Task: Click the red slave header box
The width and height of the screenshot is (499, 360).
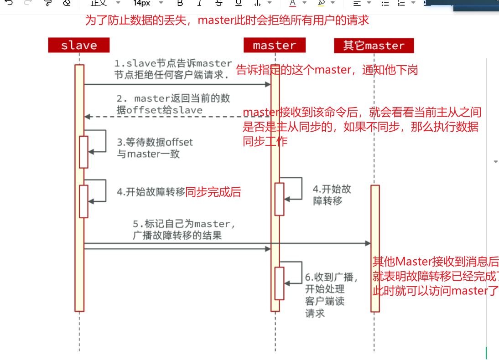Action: tap(79, 45)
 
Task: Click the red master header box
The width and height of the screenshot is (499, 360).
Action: tap(274, 45)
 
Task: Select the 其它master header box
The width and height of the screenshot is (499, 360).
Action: tap(374, 46)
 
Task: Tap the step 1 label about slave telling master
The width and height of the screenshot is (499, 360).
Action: tap(173, 69)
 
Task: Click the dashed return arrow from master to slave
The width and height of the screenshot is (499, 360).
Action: tap(173, 117)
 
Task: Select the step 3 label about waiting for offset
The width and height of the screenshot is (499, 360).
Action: tap(155, 148)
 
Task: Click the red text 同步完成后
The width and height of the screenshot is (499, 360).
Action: tap(213, 192)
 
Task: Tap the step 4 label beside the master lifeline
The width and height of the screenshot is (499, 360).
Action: tap(332, 195)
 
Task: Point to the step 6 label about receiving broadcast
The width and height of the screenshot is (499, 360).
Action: tap(331, 294)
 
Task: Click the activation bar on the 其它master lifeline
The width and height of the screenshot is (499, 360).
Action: tap(375, 248)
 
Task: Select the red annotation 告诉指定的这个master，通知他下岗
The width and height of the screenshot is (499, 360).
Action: tap(327, 70)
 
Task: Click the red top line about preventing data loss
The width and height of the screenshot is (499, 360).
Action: tap(227, 21)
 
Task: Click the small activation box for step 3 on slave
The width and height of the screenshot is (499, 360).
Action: tap(83, 152)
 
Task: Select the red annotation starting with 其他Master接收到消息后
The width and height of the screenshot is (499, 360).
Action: tap(436, 276)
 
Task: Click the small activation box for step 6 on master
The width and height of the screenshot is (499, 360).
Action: tap(279, 283)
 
